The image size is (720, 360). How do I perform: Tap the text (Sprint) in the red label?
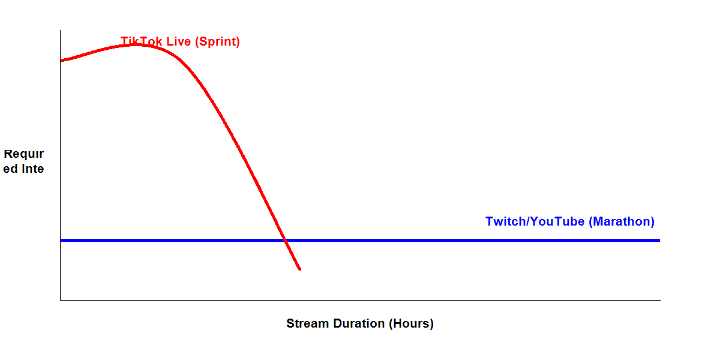tap(218, 42)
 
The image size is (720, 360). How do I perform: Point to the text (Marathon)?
tap(622, 221)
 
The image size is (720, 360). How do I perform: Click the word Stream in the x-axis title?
tap(305, 323)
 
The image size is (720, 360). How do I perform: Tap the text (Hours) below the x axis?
tap(411, 323)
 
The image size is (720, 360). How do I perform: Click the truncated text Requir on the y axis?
tap(24, 154)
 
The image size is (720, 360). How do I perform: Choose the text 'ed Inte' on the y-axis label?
tap(24, 169)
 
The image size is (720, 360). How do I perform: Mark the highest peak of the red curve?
tap(137, 44)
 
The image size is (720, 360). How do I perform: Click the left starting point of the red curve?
tap(61, 60)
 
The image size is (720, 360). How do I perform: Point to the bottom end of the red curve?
tap(299, 269)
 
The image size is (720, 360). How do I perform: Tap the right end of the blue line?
tap(659, 240)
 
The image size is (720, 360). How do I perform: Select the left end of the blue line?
tap(61, 240)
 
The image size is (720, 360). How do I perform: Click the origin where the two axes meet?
tap(60, 299)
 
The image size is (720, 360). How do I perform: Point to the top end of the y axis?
tap(60, 31)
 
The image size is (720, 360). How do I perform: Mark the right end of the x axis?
tap(659, 299)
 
